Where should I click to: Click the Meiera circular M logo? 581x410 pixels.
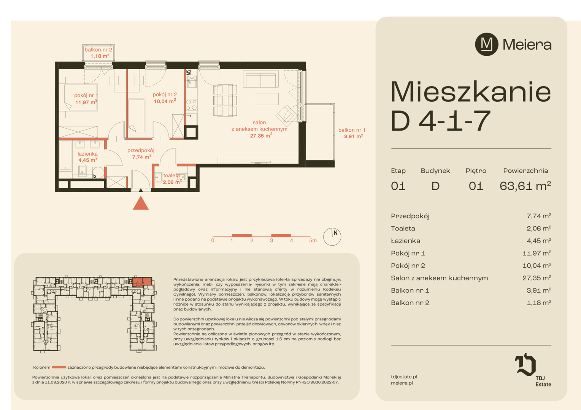486,44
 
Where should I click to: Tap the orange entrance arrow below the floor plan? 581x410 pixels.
141,203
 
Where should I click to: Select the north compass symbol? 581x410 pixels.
332,237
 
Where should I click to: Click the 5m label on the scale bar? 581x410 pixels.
313,240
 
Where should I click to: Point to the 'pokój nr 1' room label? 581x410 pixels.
86,95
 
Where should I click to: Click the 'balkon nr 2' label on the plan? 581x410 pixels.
98,49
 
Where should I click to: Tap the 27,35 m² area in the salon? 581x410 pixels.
261,136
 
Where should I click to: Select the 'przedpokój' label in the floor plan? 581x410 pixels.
141,150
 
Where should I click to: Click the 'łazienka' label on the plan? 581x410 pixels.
87,154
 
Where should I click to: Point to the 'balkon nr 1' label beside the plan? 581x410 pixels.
352,130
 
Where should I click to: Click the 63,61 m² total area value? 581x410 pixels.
525,186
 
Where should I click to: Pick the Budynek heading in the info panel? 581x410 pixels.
435,171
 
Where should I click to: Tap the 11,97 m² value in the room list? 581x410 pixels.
537,253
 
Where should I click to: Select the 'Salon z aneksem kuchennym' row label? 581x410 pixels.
440,278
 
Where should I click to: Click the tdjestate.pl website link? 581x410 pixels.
404,377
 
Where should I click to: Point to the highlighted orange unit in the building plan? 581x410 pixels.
142,282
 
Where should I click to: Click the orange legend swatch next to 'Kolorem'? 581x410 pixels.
59,367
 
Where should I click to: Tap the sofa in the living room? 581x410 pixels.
261,79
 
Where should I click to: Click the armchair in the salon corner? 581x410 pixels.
287,115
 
